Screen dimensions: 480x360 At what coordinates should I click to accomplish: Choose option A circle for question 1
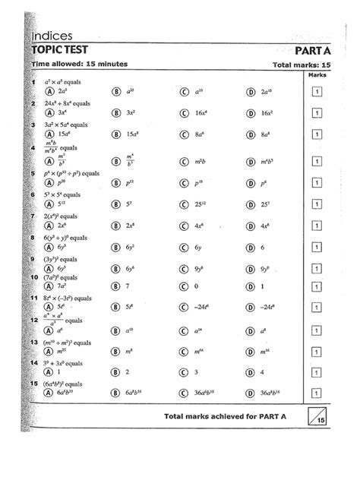point(49,91)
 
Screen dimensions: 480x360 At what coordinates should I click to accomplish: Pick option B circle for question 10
point(116,285)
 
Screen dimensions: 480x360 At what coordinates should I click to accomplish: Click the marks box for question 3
point(314,134)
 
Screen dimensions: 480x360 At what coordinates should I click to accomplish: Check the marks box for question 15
point(314,393)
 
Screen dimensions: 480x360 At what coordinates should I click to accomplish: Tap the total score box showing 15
point(315,417)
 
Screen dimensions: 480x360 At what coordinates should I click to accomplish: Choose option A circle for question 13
point(49,351)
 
